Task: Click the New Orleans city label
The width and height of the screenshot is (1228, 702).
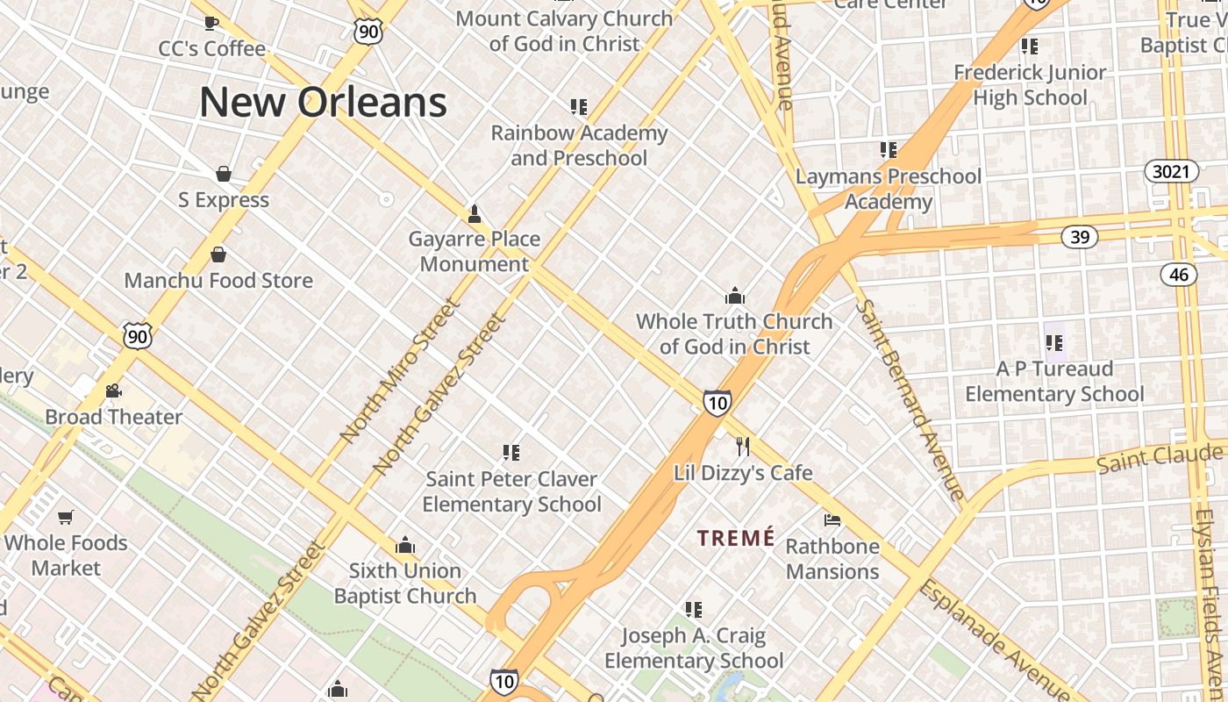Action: coord(323,102)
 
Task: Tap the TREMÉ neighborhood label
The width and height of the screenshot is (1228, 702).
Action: coord(736,538)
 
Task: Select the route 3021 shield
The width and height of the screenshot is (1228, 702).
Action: coord(1171,171)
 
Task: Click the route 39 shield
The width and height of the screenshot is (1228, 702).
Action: coord(1079,236)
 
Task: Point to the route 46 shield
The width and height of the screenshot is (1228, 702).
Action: coord(1179,275)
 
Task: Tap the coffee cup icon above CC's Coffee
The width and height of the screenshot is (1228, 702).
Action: coord(211,23)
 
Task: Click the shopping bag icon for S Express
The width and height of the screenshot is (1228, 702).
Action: coord(224,174)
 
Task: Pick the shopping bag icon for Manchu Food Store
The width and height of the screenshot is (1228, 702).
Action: coord(218,254)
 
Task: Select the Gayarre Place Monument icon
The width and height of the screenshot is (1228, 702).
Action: coord(475,213)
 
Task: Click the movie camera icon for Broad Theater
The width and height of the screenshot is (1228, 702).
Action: coord(113,390)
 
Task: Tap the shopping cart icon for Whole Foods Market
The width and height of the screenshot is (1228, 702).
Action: coord(66,517)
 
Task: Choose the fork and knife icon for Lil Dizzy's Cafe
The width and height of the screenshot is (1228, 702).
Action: coord(743,447)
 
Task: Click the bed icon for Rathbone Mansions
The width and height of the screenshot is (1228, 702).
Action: coord(832,520)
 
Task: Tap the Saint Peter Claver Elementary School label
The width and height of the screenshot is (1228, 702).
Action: coord(511,491)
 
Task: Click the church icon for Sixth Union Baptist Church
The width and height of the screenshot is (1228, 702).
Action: coord(404,546)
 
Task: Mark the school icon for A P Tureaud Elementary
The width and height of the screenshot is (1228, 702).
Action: coord(1053,342)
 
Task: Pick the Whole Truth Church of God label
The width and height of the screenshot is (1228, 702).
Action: coord(734,333)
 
